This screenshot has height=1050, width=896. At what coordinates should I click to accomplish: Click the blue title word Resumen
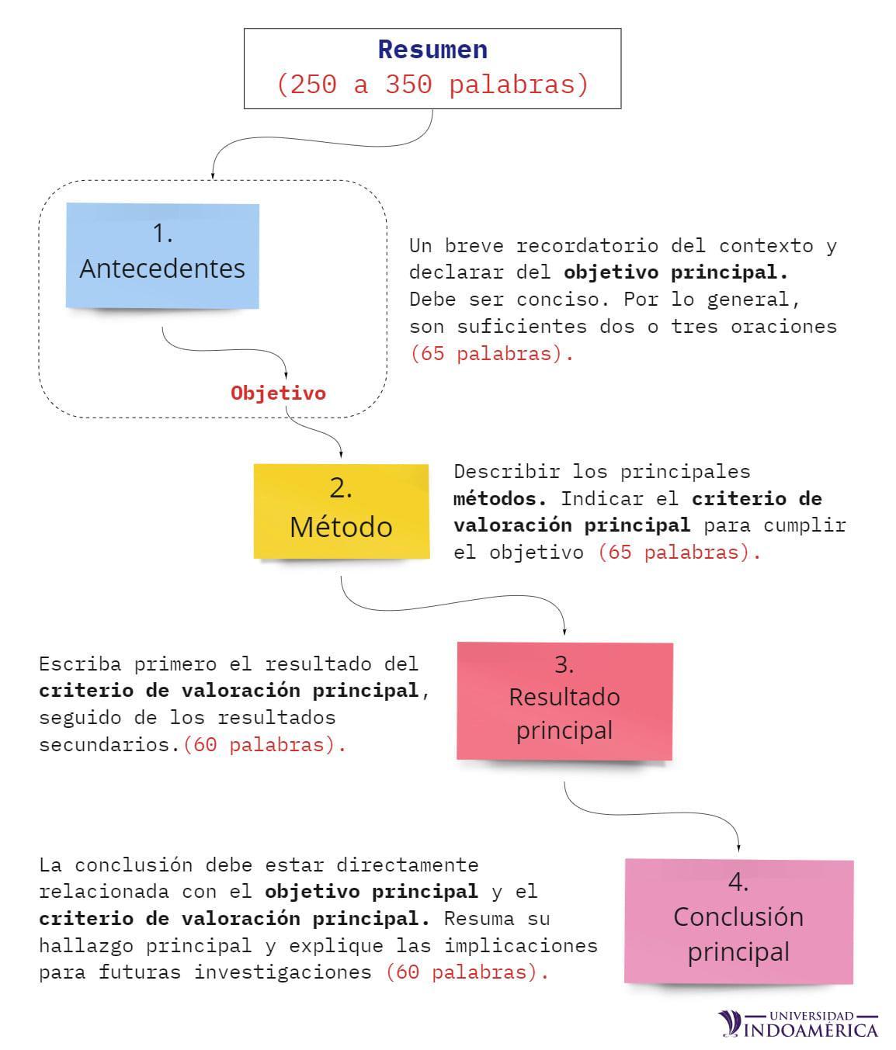click(432, 50)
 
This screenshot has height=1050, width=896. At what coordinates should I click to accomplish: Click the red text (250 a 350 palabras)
click(432, 84)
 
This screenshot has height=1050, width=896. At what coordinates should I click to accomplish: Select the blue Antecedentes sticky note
click(162, 256)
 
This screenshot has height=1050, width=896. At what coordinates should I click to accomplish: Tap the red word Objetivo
click(278, 393)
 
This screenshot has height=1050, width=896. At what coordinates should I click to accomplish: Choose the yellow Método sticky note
click(341, 510)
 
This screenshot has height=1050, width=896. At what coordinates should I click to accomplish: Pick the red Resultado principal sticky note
click(564, 699)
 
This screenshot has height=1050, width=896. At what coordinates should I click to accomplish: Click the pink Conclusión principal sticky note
click(738, 920)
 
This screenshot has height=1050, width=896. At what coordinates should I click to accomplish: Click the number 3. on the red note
click(564, 664)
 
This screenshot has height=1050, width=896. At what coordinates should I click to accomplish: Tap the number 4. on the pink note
click(738, 882)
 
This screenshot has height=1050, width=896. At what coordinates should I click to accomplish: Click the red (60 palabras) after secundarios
click(264, 744)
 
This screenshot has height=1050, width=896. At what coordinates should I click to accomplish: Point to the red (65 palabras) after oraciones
click(491, 353)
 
